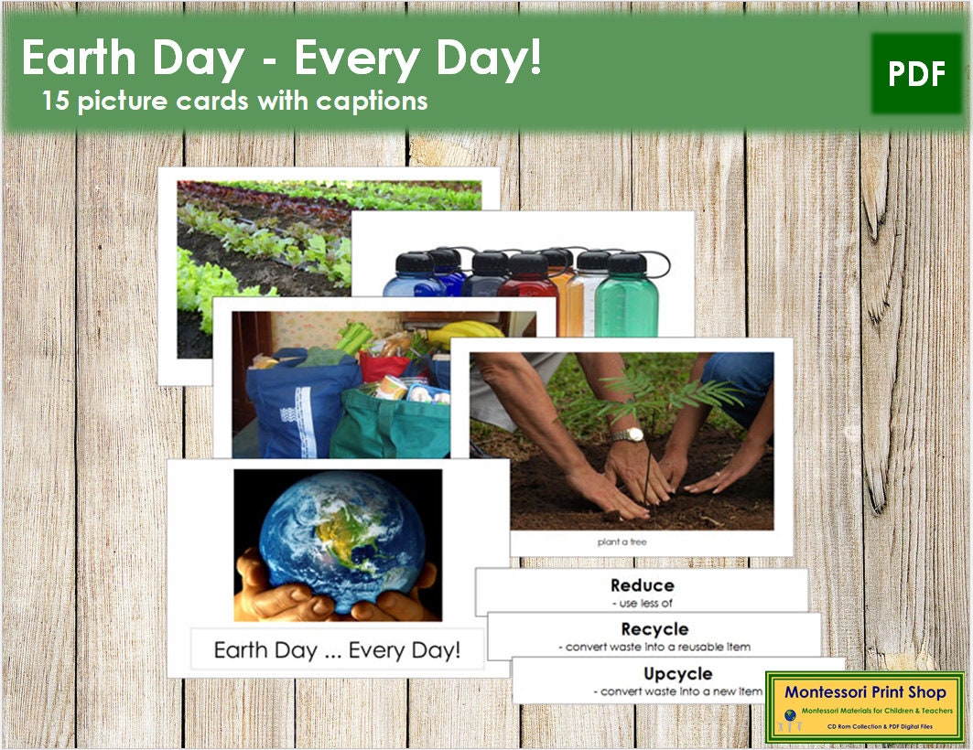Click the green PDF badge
point(916,74)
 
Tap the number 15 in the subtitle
point(56,101)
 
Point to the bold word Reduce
point(642,585)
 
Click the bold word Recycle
point(654,629)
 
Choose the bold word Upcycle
point(677,674)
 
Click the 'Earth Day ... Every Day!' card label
point(336,650)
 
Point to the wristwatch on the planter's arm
point(628,434)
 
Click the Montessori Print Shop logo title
point(864,693)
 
